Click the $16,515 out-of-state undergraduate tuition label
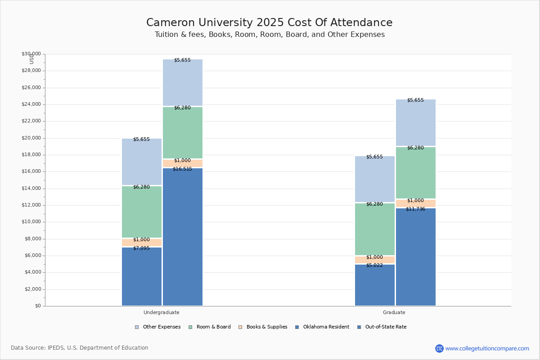click(182, 169)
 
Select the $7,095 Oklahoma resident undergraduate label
click(141, 248)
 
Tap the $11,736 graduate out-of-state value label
click(415, 209)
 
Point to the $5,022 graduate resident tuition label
click(374, 265)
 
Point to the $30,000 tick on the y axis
click(31, 54)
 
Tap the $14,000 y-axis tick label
click(31, 189)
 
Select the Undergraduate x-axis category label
click(162, 312)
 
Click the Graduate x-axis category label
click(394, 312)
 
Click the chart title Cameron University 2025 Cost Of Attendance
click(270, 23)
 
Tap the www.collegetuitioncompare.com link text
click(487, 348)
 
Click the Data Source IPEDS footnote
click(80, 348)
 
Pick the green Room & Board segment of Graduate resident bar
click(375, 229)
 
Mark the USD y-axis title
click(31, 58)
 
